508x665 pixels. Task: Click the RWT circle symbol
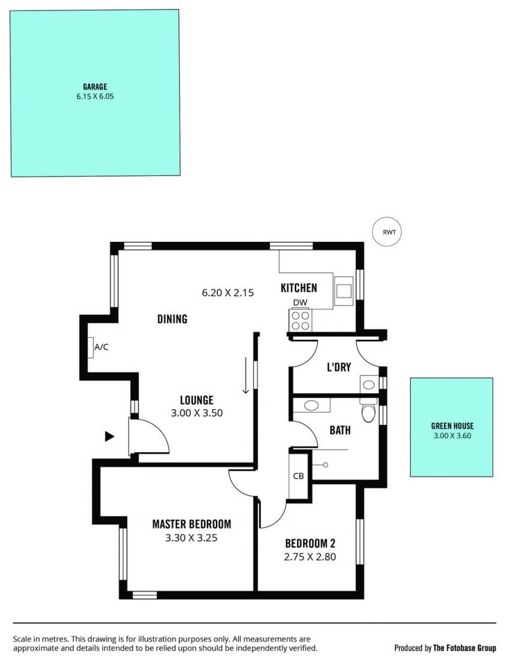coord(386,232)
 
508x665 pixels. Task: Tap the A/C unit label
coord(102,347)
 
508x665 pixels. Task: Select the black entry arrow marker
coord(109,436)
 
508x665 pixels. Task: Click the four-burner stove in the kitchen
coord(300,320)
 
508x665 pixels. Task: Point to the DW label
coord(300,303)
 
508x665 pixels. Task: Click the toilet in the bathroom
coord(368,410)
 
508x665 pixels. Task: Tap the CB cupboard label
coord(298,476)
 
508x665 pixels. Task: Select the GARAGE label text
coord(95,87)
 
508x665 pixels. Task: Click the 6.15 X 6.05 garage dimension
coord(95,97)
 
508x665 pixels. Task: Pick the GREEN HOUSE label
coord(453,426)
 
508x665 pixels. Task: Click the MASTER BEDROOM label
coord(192,524)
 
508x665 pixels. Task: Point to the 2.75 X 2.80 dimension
coord(310,557)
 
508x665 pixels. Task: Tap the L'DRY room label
coord(339,367)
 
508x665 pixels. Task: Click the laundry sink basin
coord(369,385)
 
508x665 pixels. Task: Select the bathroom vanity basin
coord(312,405)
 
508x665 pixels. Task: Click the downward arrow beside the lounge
coord(246,375)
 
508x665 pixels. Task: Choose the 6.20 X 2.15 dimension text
coord(228,293)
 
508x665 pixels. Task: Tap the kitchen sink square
coord(344,290)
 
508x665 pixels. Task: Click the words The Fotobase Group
coord(464,648)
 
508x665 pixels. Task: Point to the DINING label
coord(172,319)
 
